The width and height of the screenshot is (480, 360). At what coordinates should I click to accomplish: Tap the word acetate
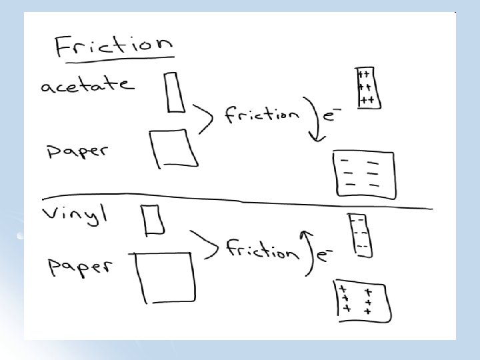pyautogui.click(x=87, y=85)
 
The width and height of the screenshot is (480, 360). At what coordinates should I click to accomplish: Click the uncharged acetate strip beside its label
pyautogui.click(x=175, y=92)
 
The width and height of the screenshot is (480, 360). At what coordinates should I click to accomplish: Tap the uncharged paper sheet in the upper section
pyautogui.click(x=173, y=148)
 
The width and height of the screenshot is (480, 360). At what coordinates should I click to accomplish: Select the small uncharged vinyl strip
pyautogui.click(x=153, y=219)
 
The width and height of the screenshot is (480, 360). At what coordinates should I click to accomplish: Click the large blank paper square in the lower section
pyautogui.click(x=166, y=277)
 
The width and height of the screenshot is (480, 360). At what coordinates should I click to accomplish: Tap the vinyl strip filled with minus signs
pyautogui.click(x=361, y=235)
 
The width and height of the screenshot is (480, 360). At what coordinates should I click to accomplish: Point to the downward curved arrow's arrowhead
pyautogui.click(x=318, y=137)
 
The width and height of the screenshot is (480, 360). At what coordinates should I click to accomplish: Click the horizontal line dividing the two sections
pyautogui.click(x=233, y=202)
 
